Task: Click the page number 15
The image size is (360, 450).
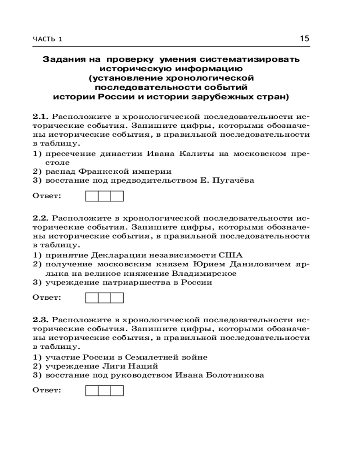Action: [x=304, y=39]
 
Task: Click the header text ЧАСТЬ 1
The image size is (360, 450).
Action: [x=48, y=40]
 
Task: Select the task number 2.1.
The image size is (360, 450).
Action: [x=41, y=117]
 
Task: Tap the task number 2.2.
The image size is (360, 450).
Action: [x=41, y=217]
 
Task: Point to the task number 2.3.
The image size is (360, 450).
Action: [x=41, y=320]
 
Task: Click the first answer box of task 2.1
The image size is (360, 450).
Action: [x=92, y=196]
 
